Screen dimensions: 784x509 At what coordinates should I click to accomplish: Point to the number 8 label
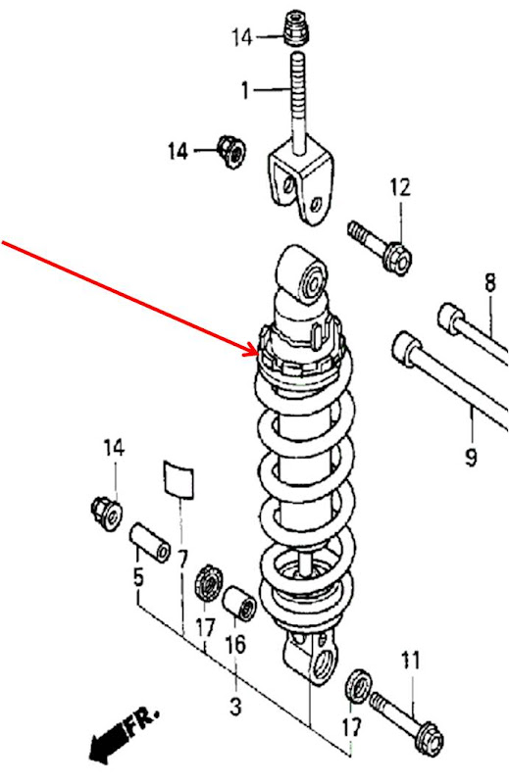(489, 285)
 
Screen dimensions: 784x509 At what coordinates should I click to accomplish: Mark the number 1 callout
(245, 91)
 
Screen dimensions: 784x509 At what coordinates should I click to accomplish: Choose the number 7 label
(181, 560)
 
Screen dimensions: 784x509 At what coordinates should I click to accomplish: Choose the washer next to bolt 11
(359, 685)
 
